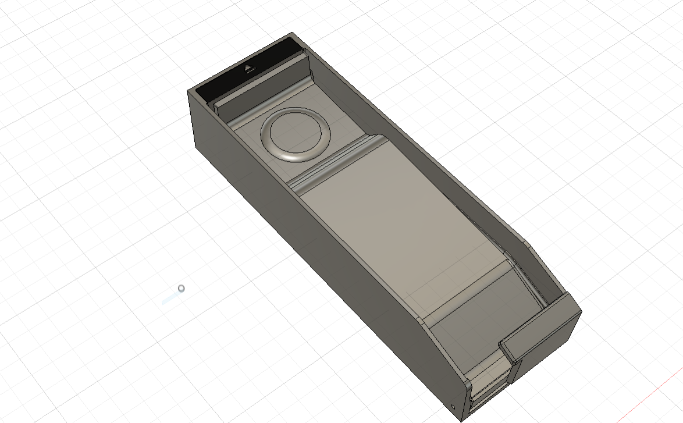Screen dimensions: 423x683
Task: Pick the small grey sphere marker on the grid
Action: (x=182, y=288)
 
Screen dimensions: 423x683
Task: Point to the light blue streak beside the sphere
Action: (x=170, y=298)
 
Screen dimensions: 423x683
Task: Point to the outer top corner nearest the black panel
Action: (x=188, y=91)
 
